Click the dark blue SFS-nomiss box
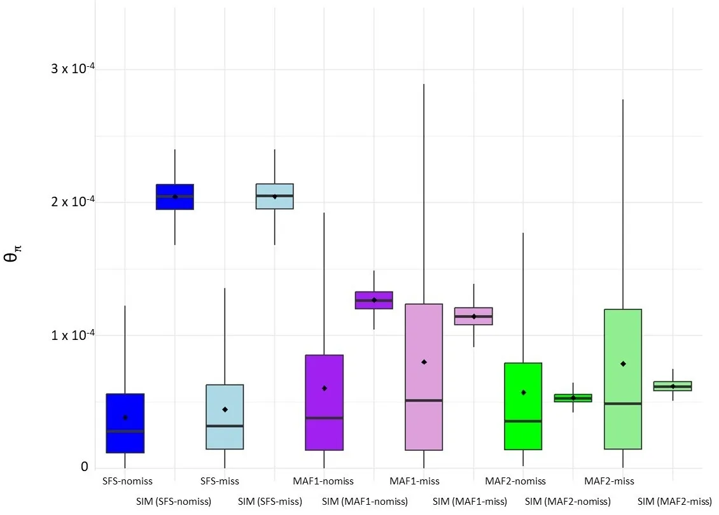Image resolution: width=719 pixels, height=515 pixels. coord(125,423)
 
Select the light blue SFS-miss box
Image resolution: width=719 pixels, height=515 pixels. coord(225,417)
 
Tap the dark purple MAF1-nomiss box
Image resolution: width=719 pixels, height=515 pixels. coord(325,402)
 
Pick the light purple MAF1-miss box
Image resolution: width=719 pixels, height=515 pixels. coord(424,377)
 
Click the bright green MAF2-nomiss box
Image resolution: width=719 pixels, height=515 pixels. coord(523,406)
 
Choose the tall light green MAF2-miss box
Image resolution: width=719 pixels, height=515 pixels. coord(623,379)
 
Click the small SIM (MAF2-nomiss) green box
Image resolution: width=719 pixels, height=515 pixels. coord(573,398)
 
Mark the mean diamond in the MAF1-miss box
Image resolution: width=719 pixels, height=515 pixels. coord(424,362)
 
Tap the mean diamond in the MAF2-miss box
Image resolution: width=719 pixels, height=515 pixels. coord(623,363)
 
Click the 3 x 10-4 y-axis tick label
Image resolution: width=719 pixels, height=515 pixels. coord(70,68)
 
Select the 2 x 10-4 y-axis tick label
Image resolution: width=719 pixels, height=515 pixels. coord(70,201)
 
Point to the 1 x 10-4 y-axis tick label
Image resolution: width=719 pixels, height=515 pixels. coord(70,335)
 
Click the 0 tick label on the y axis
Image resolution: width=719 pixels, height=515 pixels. coord(84,467)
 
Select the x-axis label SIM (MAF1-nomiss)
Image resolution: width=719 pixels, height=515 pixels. coord(365,502)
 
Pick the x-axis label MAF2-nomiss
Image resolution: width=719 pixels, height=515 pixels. coord(515,481)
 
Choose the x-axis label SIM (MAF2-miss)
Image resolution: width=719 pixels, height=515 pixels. coord(674,502)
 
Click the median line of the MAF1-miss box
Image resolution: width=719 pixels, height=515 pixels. coord(424,400)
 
